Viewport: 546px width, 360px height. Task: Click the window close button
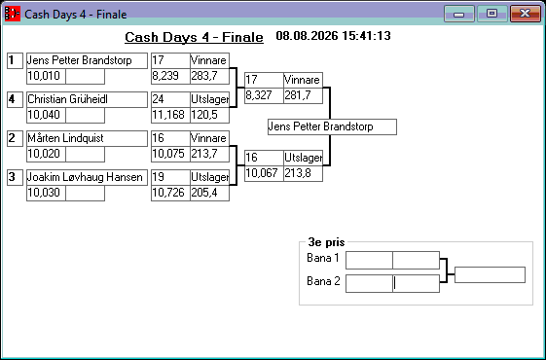[526, 14]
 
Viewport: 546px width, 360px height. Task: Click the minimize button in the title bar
[459, 14]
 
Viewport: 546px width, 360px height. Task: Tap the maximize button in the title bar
[491, 14]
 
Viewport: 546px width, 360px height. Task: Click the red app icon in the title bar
[13, 14]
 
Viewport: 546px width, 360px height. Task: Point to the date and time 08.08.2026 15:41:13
[333, 36]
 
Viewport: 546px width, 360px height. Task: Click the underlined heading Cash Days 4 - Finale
[194, 37]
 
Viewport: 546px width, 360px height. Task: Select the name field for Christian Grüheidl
[87, 99]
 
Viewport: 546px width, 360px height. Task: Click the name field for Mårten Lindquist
[87, 138]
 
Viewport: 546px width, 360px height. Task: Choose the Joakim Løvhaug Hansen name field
[87, 177]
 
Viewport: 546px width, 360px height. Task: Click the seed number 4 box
[15, 99]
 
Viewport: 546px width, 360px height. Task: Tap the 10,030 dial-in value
[46, 193]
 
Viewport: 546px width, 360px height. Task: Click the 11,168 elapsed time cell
[170, 115]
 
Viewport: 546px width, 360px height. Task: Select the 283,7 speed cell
[209, 76]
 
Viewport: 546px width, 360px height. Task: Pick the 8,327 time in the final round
[264, 95]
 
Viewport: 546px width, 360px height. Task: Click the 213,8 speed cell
[303, 173]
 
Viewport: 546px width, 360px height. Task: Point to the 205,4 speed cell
[209, 193]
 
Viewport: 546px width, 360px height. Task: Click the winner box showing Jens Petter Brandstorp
[332, 126]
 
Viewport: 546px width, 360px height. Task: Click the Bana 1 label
[323, 258]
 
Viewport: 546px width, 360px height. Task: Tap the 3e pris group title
[326, 242]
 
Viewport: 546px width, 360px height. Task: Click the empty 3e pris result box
[490, 275]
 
